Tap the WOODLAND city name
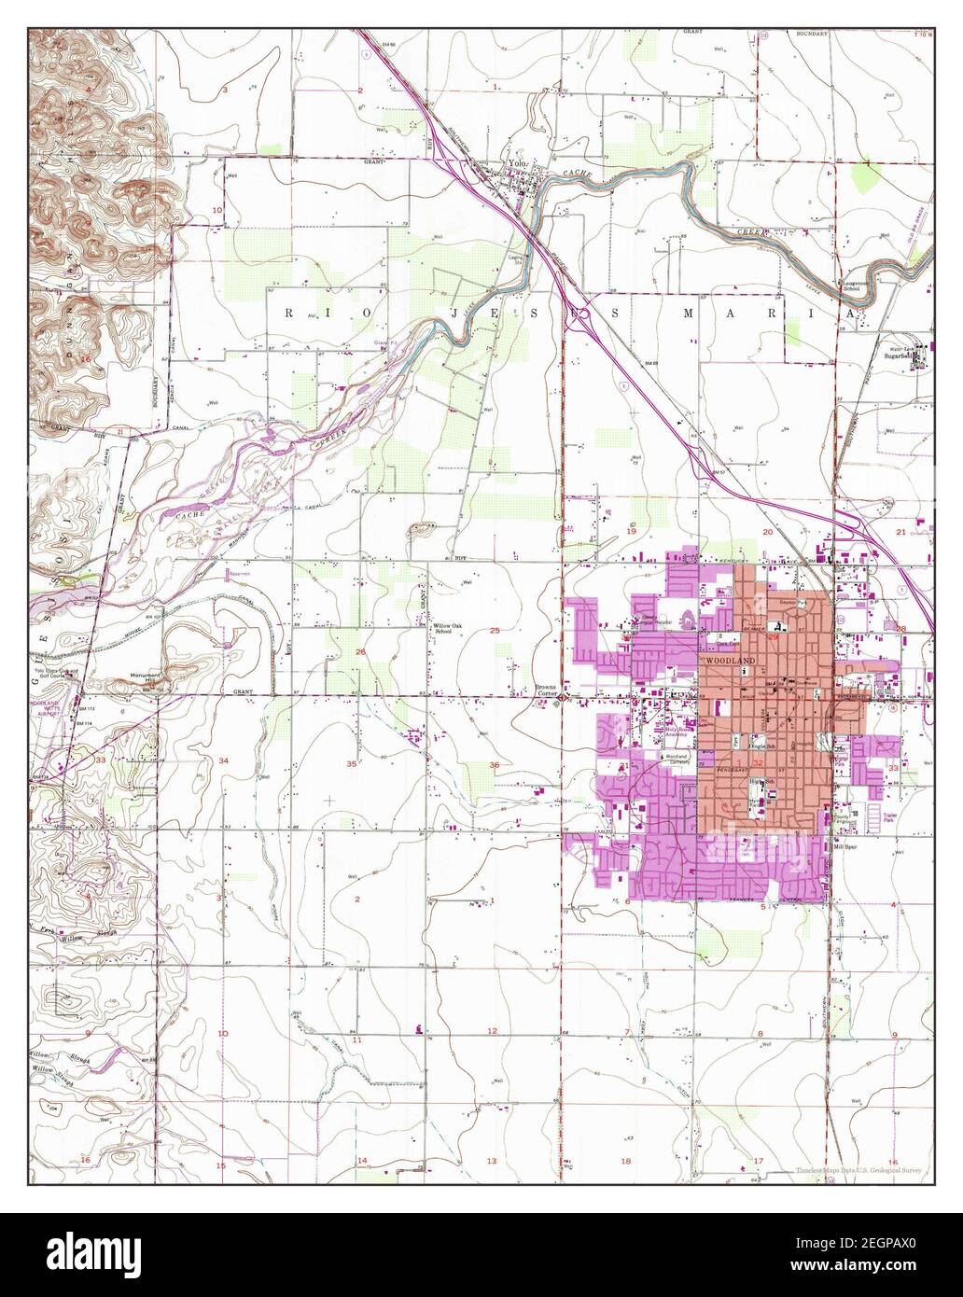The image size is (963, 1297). (730, 660)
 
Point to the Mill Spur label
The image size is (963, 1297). (846, 822)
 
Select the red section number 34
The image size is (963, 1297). (223, 762)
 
